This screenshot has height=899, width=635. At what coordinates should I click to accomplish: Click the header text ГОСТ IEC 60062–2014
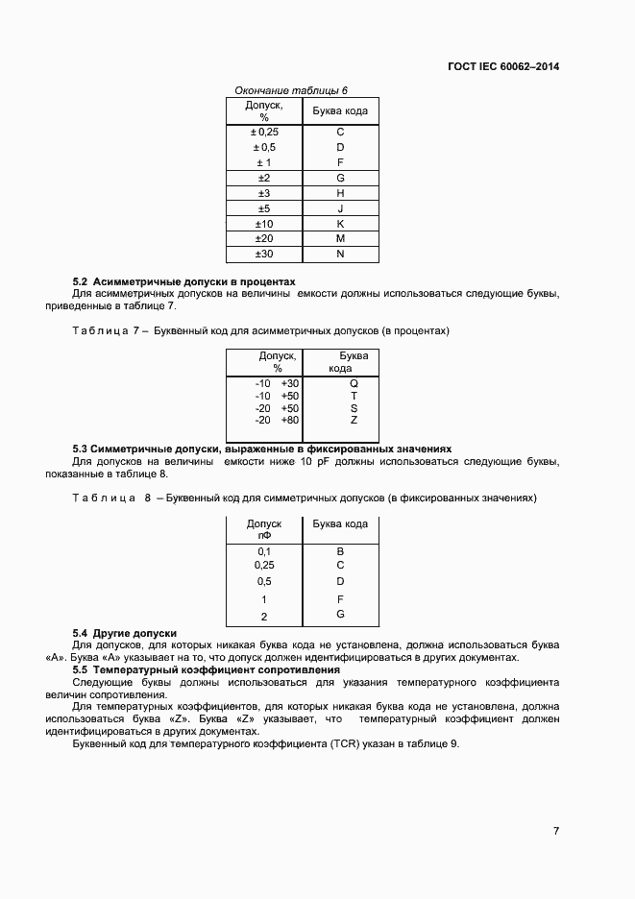pos(502,67)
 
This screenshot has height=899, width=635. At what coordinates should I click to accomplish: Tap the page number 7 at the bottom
pos(556,831)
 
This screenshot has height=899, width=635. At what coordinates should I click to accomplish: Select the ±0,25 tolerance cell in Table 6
pos(264,132)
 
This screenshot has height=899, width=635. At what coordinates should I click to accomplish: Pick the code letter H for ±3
pos(340,193)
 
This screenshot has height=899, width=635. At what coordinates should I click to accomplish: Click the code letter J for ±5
pos(340,208)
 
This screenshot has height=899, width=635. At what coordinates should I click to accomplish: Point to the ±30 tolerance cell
pos(264,254)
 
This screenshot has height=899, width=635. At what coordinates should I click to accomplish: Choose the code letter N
pos(340,254)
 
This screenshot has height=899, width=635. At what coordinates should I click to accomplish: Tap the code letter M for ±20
pos(340,238)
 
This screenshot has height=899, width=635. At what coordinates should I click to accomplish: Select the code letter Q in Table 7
pos(354,383)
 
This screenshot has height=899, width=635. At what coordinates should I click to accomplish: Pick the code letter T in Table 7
pos(354,396)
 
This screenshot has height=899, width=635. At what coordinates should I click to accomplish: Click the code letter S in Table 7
pos(354,408)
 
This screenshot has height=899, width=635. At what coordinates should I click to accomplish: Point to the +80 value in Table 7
pos(289,420)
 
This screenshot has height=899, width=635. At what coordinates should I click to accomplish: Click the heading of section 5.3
pos(261,449)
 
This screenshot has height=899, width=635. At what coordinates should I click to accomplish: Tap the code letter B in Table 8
pos(340,551)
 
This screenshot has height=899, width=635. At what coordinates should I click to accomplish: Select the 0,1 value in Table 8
pos(264,551)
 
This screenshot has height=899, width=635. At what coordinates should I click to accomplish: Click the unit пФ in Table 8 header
pos(264,536)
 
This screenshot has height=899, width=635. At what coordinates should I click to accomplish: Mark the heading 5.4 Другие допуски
pos(125,633)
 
